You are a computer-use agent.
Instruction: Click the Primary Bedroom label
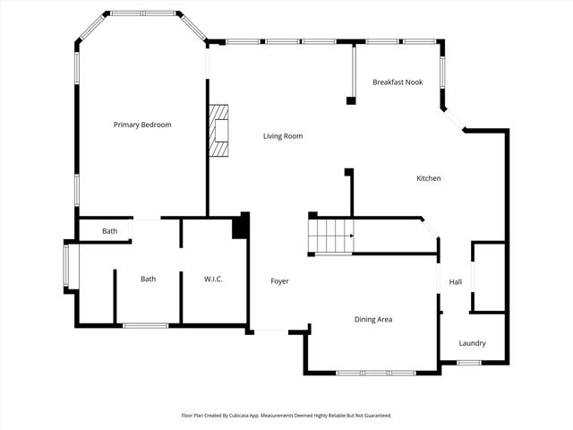[141, 125]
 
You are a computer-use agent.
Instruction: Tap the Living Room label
[282, 136]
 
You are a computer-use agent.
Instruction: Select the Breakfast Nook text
[398, 82]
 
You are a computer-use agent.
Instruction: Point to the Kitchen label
[428, 178]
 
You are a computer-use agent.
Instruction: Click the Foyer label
[279, 281]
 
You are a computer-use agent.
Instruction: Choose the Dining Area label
[372, 319]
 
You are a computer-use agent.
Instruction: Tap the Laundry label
[472, 343]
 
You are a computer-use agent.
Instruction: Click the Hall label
[455, 281]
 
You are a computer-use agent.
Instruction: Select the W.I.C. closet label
[213, 279]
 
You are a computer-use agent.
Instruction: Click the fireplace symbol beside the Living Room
[218, 131]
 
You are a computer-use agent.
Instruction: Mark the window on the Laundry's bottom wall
[469, 362]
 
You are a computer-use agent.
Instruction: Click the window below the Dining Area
[375, 372]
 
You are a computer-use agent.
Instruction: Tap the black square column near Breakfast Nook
[351, 99]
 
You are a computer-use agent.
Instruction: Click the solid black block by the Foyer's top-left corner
[239, 225]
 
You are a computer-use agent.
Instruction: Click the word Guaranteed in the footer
[375, 416]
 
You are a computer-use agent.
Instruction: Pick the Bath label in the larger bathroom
[148, 279]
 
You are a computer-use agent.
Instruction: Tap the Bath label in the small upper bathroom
[109, 231]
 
